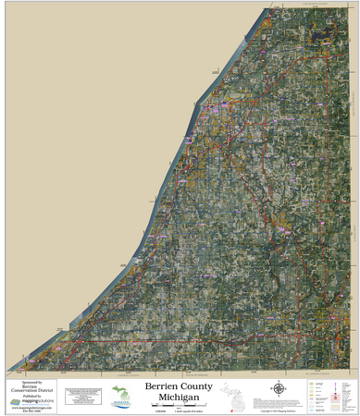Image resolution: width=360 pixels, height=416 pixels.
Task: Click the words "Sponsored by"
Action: [31, 382]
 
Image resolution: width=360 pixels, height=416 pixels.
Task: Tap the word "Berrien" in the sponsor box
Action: [31, 386]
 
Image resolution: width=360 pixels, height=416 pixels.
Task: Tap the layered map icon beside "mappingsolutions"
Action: [15, 402]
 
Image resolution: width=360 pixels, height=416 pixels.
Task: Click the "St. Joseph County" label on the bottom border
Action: [319, 373]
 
